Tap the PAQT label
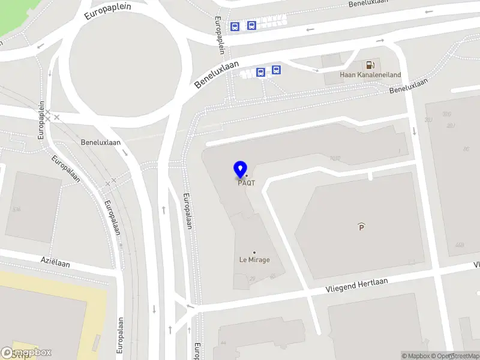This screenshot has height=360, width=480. pos(246,183)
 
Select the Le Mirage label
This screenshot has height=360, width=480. pos(254,260)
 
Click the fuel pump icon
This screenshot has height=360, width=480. pos(370,65)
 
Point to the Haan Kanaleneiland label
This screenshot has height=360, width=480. pos(370,75)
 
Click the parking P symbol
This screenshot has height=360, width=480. pos(361,227)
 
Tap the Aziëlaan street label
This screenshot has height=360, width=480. pos(55,263)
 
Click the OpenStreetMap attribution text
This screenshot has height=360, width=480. pos(456,356)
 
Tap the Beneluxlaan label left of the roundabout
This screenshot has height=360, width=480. pos(101,142)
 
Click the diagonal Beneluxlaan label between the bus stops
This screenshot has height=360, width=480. pos(216,74)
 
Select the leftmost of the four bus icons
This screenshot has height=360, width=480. pos(235,26)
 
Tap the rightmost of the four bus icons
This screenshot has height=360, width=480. pos(276,70)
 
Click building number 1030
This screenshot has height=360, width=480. pos(335,159)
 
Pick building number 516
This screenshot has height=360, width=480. pos(16,209)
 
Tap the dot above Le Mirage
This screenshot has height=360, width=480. pos(254,252)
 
